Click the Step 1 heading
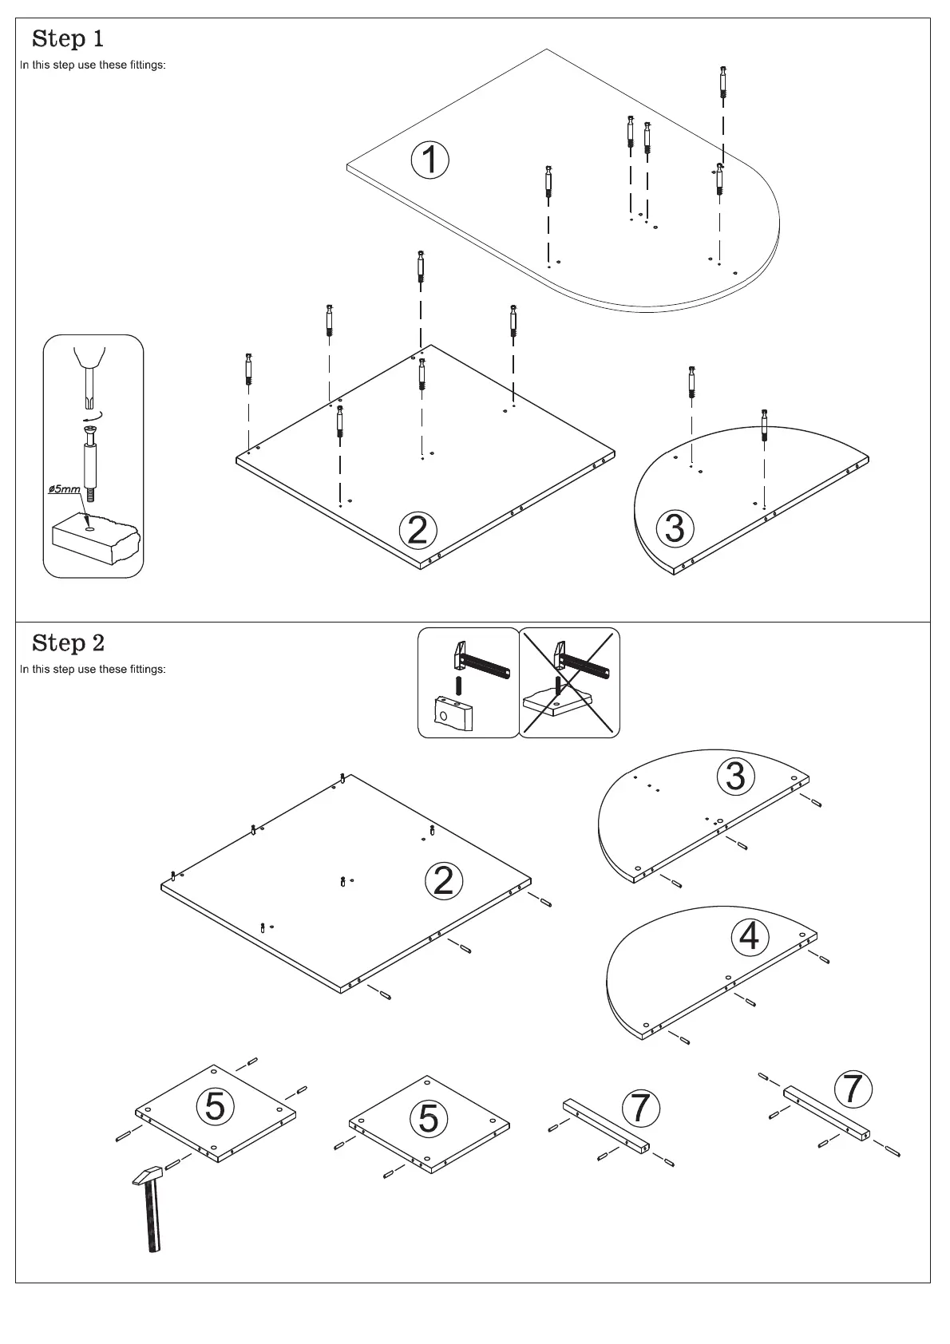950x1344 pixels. coord(68,38)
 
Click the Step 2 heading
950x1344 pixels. coord(68,642)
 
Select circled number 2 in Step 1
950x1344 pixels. coord(418,530)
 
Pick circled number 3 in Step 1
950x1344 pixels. coord(675,528)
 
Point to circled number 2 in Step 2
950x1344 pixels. coord(444,880)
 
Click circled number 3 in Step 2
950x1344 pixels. coord(735,776)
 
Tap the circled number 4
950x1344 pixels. coord(750,936)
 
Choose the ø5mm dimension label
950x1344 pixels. coord(64,488)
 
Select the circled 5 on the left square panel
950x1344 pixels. coord(216,1105)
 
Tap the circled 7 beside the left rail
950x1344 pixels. coord(640,1107)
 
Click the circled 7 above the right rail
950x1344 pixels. coord(853,1089)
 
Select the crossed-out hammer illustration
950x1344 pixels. coord(569,682)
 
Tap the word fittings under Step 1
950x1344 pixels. coord(148,65)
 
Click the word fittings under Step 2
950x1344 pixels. coord(148,669)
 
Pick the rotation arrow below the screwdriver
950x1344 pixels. coord(93,417)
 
